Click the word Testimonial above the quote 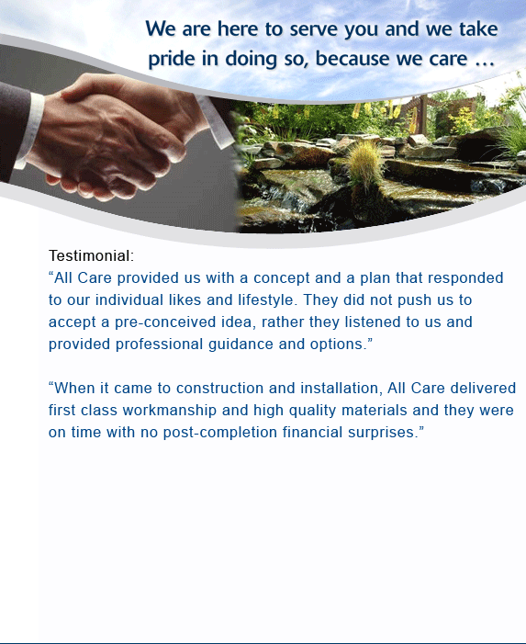coord(89,255)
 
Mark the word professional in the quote coord(159,345)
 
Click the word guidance coord(241,345)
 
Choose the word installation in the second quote coord(339,388)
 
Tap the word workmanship coord(170,410)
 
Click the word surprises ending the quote coord(381,433)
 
